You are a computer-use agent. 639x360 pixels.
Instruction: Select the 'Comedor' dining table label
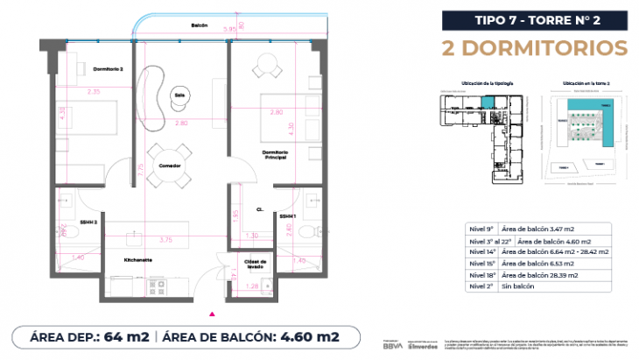pos(170,166)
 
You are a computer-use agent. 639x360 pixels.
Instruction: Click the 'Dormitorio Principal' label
pos(276,156)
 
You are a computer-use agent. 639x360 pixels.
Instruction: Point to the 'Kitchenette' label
pos(139,260)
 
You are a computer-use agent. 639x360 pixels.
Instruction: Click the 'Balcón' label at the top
pos(200,25)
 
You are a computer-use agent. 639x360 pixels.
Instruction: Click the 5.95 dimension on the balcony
pos(229,29)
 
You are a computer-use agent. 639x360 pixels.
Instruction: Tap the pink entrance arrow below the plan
pos(210,312)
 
